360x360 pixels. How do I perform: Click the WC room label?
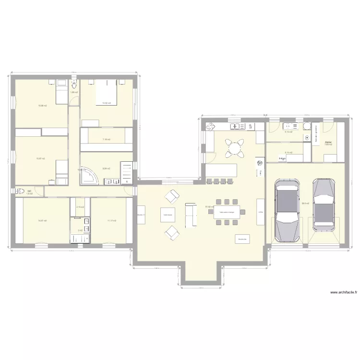click(x=30, y=191)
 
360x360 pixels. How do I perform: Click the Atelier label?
click(x=328, y=143)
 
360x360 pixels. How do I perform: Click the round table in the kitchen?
click(x=235, y=148)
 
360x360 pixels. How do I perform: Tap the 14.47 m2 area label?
click(x=42, y=221)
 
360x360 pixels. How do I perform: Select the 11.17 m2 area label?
click(x=111, y=221)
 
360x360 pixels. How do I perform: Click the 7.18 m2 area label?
click(x=106, y=140)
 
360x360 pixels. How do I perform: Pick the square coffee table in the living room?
click(x=168, y=216)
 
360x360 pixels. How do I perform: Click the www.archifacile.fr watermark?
click(x=343, y=293)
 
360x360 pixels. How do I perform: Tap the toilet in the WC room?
click(x=20, y=191)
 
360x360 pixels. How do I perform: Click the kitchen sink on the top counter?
click(x=235, y=127)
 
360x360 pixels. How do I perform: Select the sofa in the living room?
click(x=191, y=214)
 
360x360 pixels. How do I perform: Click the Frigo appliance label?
click(x=260, y=212)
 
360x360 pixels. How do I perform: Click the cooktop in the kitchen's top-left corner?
click(x=210, y=127)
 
